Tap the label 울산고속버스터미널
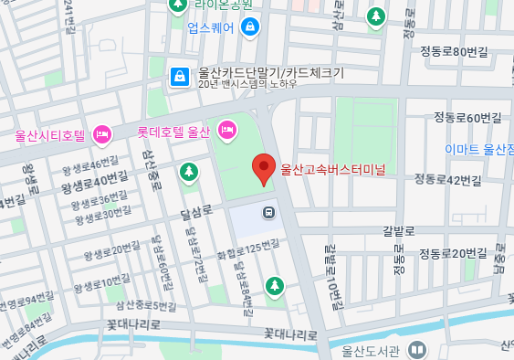[333, 169]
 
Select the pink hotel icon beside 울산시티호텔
[102, 135]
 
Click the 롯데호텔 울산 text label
[173, 132]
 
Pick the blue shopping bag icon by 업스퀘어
[249, 27]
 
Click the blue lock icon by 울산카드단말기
[179, 76]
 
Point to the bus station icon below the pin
[268, 213]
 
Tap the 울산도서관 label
[371, 350]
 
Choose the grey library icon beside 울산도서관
[416, 350]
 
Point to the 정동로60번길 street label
[467, 118]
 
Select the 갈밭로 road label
[399, 231]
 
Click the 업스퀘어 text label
[212, 27]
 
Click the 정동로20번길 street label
[454, 253]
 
